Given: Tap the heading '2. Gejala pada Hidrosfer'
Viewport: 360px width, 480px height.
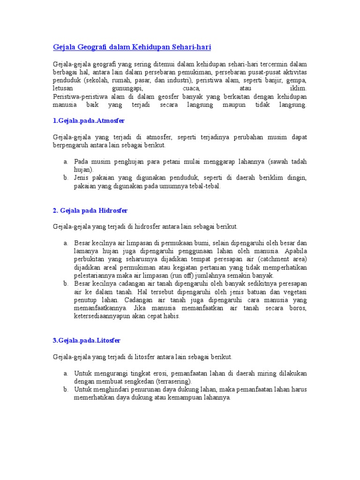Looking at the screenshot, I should [90, 211].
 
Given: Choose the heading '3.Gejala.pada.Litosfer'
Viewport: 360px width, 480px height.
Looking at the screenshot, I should [87, 341].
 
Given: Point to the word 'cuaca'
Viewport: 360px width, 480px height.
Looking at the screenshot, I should [192, 88].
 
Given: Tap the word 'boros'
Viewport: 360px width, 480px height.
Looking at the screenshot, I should [298, 308].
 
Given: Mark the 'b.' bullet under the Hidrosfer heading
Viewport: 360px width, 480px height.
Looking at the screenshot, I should [66, 284].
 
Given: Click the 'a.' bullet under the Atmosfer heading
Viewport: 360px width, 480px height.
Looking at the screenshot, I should [66, 162].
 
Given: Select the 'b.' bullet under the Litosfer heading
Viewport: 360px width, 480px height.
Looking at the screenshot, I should [66, 390].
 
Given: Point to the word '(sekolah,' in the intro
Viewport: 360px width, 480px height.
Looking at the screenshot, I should [102, 80].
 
